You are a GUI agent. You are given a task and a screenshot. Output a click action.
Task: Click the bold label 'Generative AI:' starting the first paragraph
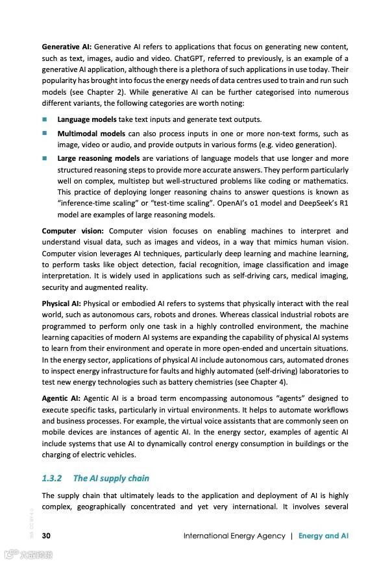point(67,47)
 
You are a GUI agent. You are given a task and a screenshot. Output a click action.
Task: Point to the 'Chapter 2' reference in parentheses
point(97,91)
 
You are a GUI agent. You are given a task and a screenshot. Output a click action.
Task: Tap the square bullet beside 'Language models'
point(45,119)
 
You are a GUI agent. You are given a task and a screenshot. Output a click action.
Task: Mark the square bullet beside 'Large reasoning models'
point(45,158)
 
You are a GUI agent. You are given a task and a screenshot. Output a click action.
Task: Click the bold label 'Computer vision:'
point(73,231)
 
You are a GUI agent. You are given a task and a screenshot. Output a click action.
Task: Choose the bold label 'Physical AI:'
point(62,304)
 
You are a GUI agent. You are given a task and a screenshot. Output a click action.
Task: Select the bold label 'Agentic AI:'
point(60,398)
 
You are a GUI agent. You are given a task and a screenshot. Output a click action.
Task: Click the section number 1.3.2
point(51,478)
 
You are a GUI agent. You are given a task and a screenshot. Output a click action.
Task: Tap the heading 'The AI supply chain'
point(111,478)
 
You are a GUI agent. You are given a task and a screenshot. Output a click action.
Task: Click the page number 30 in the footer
point(46,536)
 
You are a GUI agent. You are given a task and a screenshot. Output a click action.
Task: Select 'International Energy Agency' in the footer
point(234,536)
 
